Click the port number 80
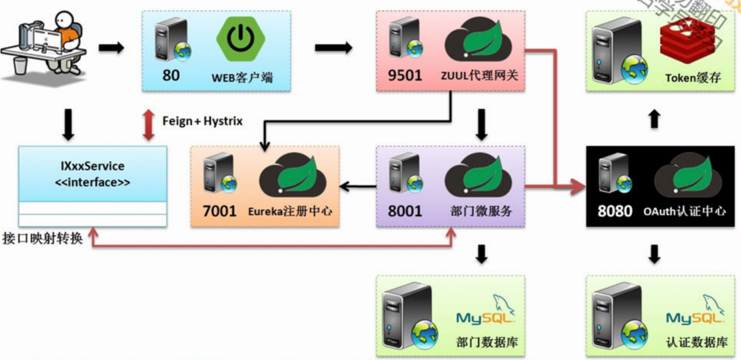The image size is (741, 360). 171,75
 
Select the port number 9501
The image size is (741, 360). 405,75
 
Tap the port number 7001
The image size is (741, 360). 220,211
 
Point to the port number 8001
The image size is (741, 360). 405,211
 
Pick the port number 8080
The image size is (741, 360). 615,211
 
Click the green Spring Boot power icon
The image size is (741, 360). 241,39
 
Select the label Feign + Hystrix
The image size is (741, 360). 202,121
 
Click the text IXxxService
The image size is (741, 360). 93,166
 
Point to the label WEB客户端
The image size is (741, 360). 243,78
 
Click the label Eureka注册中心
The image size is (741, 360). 290,211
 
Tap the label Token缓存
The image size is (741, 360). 693,78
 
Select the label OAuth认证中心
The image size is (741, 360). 684,211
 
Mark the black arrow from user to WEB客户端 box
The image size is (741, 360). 111,48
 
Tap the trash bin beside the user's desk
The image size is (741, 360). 20,65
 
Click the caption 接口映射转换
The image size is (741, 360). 43,238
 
